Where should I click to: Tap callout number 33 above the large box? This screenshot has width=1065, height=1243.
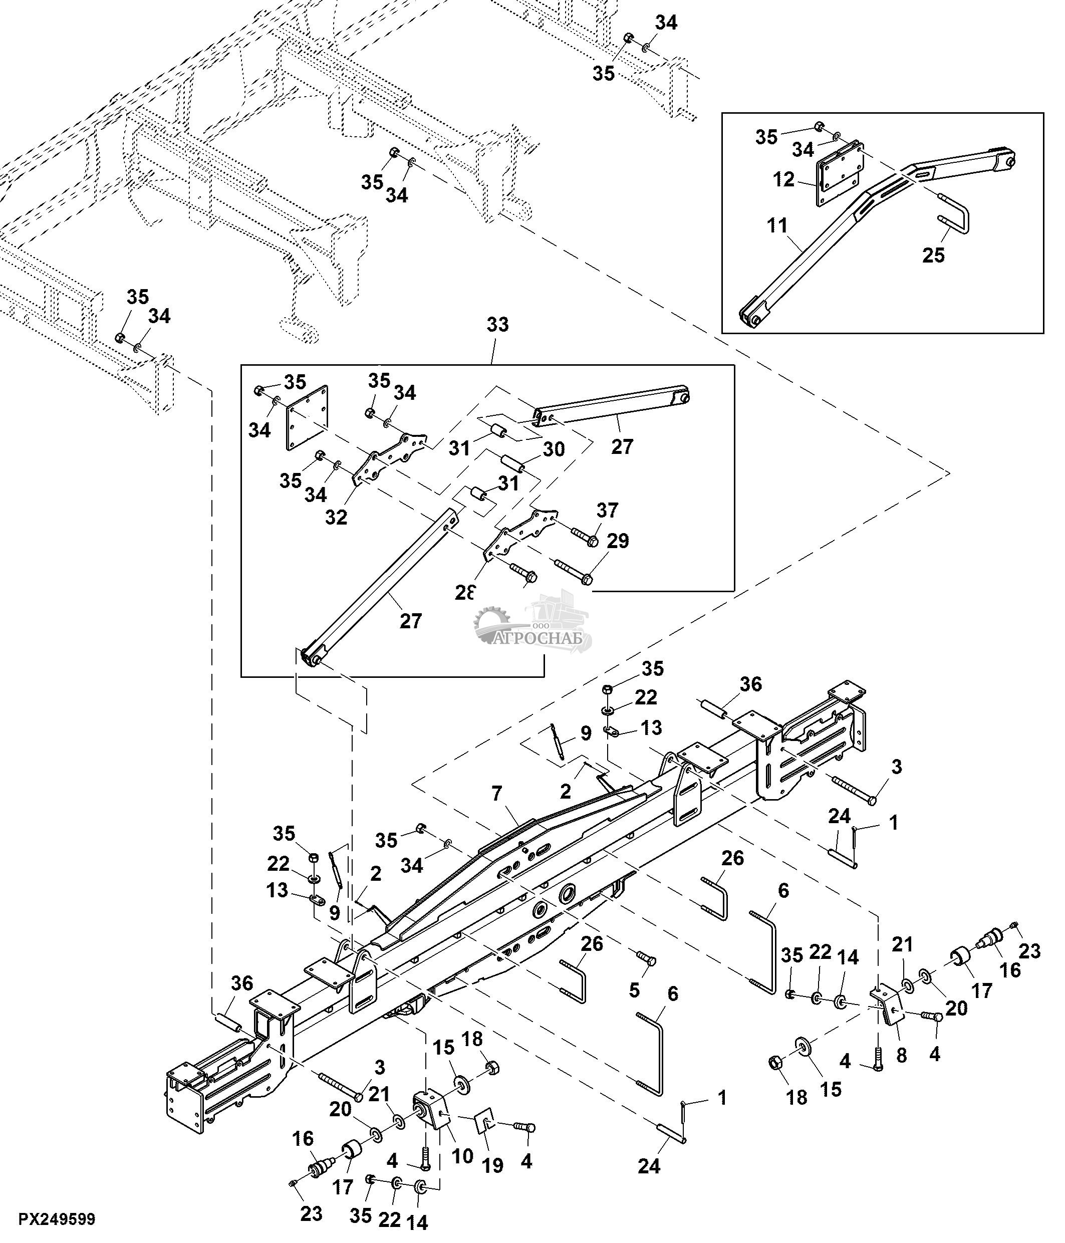pyautogui.click(x=497, y=325)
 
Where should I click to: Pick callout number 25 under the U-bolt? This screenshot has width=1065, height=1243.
pyautogui.click(x=934, y=256)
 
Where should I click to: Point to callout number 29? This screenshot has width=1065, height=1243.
pyautogui.click(x=618, y=541)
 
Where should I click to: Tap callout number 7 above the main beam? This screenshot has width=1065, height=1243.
pyautogui.click(x=496, y=794)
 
